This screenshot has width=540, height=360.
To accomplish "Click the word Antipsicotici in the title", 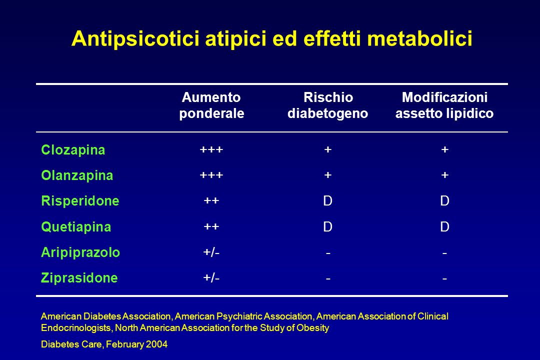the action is (x=135, y=38).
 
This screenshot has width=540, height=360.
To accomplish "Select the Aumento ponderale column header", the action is (x=211, y=105).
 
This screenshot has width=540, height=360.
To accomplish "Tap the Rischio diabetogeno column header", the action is (x=328, y=105).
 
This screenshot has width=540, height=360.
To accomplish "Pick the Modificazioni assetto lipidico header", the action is (x=444, y=105).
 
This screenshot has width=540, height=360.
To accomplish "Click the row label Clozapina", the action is (x=73, y=150).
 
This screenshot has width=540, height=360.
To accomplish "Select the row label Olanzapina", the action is (x=77, y=175).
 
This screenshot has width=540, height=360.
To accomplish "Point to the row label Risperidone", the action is (x=80, y=201).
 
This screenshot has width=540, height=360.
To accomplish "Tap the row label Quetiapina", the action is (x=76, y=227).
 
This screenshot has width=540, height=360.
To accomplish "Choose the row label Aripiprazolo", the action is (x=80, y=252).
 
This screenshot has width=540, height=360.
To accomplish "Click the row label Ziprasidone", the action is (x=79, y=278).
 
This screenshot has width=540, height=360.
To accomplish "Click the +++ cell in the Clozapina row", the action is (x=211, y=149).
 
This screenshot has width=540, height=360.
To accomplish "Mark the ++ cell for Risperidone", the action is (x=211, y=200).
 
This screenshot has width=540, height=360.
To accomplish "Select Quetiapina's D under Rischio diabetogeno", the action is (x=328, y=226).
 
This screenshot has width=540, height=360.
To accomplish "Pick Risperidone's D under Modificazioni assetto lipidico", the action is (x=444, y=201).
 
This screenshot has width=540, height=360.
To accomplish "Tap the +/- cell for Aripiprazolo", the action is (x=211, y=252).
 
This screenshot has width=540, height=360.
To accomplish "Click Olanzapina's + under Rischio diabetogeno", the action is (x=328, y=175).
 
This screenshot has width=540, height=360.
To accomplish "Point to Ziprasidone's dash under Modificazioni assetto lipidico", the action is (x=444, y=278).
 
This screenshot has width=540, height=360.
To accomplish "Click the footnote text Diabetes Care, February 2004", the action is (x=104, y=344).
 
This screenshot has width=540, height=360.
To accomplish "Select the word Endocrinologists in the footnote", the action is (x=76, y=327).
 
